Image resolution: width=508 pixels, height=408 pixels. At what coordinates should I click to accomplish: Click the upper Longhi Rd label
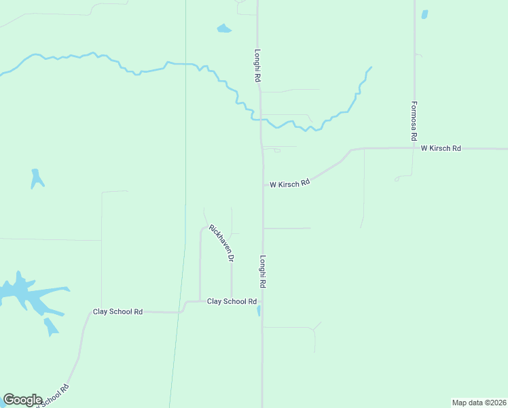(257, 65)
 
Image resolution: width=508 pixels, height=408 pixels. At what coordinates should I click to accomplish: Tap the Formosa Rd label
(414, 122)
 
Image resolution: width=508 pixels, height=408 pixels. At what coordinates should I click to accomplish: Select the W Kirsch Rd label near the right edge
(441, 148)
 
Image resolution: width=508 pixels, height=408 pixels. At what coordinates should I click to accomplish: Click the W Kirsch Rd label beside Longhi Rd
(289, 184)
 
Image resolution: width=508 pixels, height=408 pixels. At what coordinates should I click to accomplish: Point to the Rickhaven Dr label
(221, 243)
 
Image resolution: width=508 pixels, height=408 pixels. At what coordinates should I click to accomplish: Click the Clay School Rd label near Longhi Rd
(232, 301)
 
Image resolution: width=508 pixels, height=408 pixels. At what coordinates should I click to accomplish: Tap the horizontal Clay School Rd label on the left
(117, 312)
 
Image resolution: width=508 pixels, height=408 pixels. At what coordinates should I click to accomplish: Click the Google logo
(22, 400)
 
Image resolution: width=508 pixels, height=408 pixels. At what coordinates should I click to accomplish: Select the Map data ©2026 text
(478, 402)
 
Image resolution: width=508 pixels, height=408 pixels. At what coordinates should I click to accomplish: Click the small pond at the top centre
(223, 29)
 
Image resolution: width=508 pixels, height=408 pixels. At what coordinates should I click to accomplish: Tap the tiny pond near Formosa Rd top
(424, 14)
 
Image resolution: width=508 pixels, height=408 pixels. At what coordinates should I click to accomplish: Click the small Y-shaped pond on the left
(37, 179)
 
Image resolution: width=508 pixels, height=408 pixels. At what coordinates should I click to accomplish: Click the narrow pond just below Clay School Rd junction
(258, 311)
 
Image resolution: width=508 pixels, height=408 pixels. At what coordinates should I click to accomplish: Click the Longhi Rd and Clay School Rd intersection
(262, 301)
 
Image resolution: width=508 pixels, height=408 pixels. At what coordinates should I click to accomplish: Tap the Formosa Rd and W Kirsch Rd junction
(414, 148)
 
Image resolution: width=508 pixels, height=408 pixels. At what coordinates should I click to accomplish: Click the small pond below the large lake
(51, 327)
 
